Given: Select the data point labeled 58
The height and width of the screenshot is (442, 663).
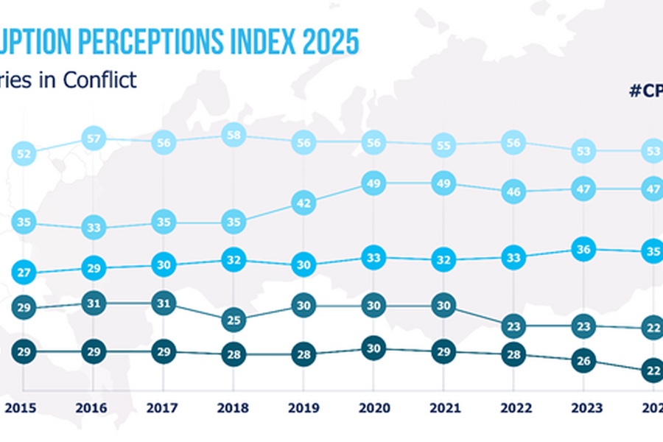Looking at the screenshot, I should coord(233,136).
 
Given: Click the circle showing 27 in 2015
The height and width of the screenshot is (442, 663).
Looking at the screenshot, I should coord(23,273).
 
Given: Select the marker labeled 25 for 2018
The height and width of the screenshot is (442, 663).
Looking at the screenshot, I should coord(233,320).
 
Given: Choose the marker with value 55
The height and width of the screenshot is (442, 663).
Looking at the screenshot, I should coord(443,146).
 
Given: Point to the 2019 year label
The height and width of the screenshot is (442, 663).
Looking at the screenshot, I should coord(303,407).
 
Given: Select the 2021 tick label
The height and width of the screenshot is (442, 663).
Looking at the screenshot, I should coord(443,407).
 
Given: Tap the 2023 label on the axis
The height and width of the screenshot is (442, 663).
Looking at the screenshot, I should coord(582,407).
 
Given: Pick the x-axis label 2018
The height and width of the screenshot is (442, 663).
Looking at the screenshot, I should coord(233,407).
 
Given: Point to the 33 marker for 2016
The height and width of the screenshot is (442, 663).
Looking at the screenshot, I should coord(94,228).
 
